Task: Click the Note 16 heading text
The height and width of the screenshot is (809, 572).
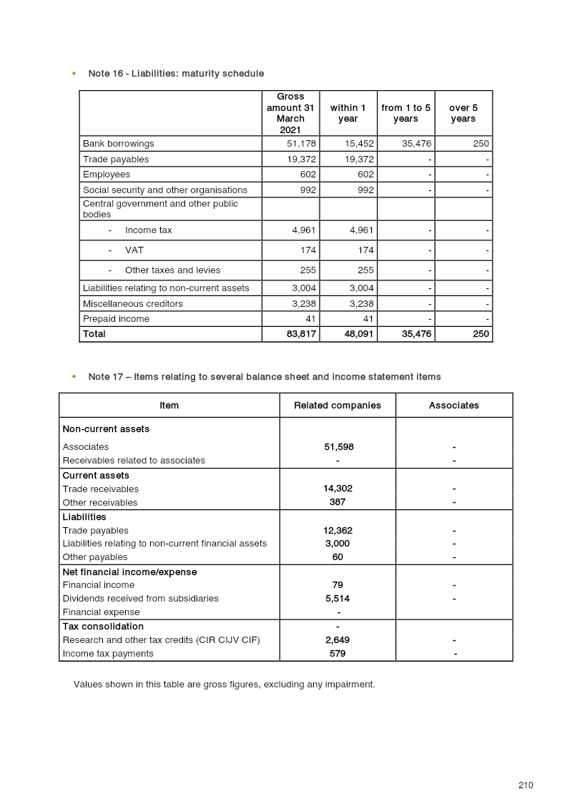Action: (x=176, y=74)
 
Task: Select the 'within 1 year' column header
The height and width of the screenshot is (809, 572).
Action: (x=347, y=113)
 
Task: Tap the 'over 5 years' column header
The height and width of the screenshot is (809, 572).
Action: (x=463, y=113)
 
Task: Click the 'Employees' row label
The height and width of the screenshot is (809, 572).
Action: (x=107, y=175)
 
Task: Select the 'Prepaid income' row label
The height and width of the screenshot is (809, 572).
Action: (x=116, y=319)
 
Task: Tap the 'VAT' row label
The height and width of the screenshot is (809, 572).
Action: (x=134, y=250)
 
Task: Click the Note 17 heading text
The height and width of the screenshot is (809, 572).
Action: (x=265, y=377)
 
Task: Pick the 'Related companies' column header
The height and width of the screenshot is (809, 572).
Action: (x=337, y=406)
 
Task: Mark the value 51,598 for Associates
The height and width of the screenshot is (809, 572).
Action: (x=338, y=447)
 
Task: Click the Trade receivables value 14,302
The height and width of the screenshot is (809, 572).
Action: (x=337, y=489)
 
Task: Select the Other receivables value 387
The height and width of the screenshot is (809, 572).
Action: (x=337, y=502)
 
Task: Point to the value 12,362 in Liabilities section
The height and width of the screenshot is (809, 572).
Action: (x=337, y=531)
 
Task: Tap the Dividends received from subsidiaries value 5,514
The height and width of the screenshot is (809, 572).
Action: (x=337, y=599)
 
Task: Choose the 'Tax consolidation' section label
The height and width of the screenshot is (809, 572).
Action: (x=103, y=627)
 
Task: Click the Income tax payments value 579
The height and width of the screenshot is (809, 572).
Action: (x=337, y=654)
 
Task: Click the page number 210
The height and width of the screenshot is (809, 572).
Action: (x=526, y=785)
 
